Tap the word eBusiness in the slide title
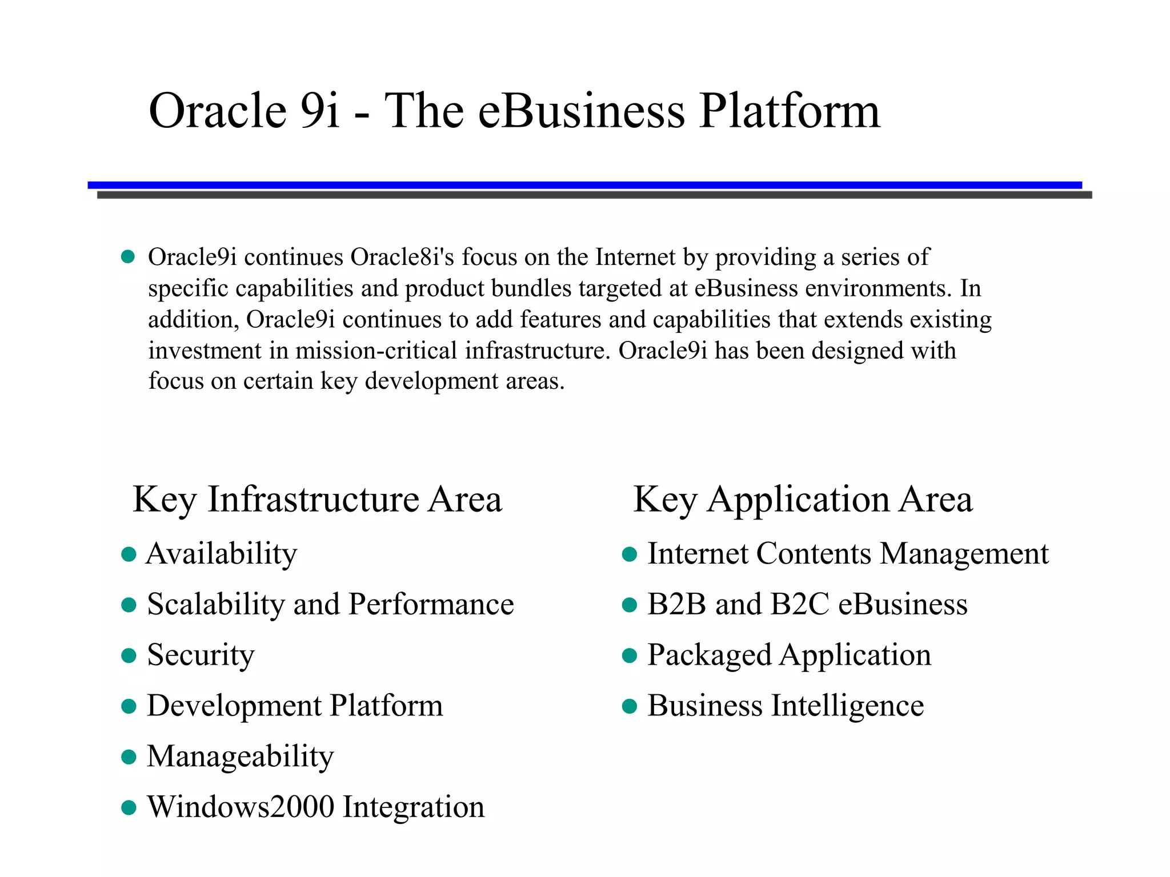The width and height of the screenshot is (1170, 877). (580, 111)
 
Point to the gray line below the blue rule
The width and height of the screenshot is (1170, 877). (594, 195)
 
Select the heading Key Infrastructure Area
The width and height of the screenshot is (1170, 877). (317, 500)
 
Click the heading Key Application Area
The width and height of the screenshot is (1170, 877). (803, 500)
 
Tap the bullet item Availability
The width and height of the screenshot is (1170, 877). (222, 554)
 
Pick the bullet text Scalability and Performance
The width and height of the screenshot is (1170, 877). (330, 605)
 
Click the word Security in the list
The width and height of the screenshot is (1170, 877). (201, 655)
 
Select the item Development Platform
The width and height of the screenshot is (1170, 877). (295, 706)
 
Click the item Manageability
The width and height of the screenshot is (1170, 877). (240, 757)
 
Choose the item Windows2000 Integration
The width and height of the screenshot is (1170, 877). (315, 807)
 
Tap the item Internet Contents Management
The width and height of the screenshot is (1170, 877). (848, 554)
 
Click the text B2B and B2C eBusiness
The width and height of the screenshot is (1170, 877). (807, 605)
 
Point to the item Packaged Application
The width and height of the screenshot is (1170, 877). (788, 655)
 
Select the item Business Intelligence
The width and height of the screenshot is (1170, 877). (785, 706)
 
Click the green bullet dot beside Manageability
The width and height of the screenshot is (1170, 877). (129, 758)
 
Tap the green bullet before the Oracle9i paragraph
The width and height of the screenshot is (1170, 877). (128, 257)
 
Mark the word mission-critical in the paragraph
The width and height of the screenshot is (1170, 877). (376, 351)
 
